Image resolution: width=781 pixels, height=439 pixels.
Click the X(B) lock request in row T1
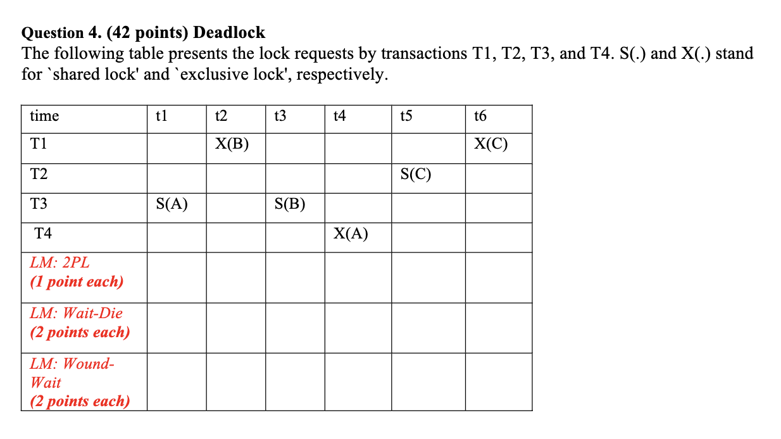tap(232, 144)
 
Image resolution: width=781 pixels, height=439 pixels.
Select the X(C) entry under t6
tap(490, 144)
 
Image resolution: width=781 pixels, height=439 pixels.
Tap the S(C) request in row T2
tap(416, 173)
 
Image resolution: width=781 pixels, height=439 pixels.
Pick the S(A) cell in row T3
tap(172, 204)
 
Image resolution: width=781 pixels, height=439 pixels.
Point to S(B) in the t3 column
tap(290, 204)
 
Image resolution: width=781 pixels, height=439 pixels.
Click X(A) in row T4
tap(351, 233)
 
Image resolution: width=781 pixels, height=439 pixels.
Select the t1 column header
tap(161, 116)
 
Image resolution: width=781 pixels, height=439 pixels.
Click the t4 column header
tap(340, 116)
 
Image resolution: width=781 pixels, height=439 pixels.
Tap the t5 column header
tap(406, 116)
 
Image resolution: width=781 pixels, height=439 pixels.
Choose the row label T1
tap(39, 144)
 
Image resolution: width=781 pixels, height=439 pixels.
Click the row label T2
tap(39, 173)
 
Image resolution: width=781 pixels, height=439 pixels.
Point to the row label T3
tap(39, 204)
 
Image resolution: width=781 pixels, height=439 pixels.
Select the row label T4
tap(43, 233)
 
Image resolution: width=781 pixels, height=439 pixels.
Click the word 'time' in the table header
tap(44, 116)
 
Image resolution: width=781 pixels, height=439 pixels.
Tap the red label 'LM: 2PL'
tap(59, 263)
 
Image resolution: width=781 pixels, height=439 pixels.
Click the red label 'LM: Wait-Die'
tap(76, 313)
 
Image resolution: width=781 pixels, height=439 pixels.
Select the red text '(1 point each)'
tap(77, 281)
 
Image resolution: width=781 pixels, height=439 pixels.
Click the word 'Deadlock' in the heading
tap(229, 32)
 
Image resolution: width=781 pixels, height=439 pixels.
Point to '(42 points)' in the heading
tap(147, 33)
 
